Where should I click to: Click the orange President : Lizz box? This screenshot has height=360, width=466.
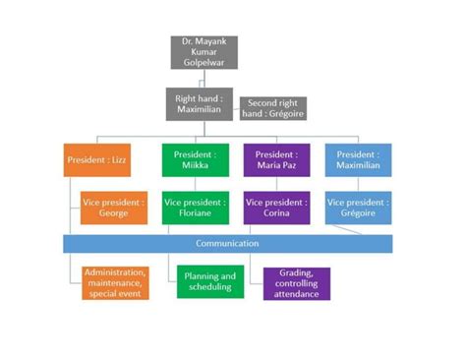click(x=96, y=159)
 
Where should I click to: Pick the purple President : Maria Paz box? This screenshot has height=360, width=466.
click(x=276, y=159)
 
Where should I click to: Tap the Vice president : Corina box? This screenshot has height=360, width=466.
click(x=276, y=208)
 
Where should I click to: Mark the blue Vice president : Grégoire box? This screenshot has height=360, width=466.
click(x=358, y=208)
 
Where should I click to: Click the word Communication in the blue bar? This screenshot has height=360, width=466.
click(x=227, y=243)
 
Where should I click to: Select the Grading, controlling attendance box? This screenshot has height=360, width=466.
click(x=296, y=283)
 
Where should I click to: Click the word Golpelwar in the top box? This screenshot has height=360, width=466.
click(x=204, y=63)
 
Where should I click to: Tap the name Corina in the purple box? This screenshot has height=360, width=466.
click(x=276, y=213)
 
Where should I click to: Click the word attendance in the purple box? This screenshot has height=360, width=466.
click(x=296, y=294)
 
